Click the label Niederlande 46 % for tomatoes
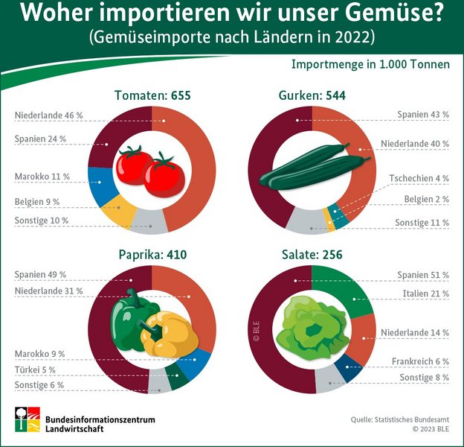point(48,115)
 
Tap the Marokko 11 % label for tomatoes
point(42,177)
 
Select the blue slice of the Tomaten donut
point(100,186)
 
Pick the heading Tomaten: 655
point(153,95)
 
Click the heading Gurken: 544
point(312,95)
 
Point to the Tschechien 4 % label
point(419,179)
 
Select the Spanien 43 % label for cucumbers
point(423,115)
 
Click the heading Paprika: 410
point(152,255)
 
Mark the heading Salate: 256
point(312,255)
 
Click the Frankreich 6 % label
point(420,361)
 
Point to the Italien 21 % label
point(425,294)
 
